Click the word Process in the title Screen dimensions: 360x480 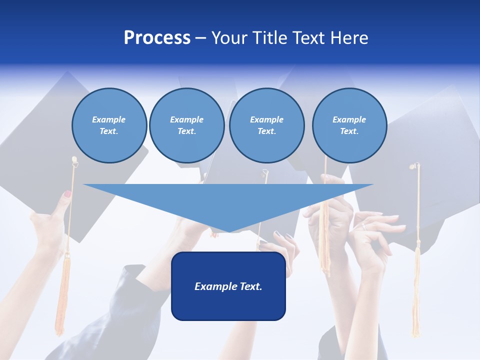157,38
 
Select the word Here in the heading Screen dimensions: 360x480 349,38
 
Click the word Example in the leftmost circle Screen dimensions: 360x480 109,119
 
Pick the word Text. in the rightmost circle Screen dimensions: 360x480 349,131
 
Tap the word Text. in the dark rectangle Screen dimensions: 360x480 250,286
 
